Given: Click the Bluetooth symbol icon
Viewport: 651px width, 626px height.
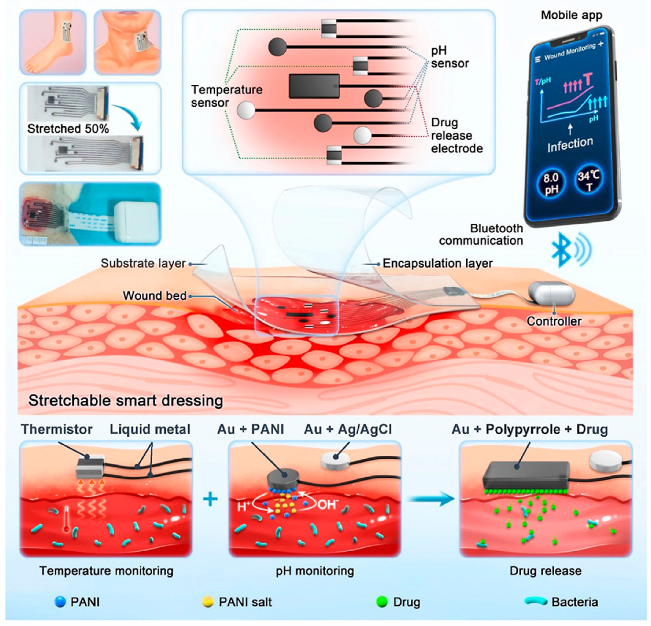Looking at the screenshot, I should click(561, 249).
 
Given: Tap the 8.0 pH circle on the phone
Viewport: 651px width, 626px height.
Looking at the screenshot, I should click(551, 184).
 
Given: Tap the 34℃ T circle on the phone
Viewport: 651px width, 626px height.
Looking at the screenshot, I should click(588, 181).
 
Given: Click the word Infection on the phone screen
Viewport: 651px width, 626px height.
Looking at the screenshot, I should click(570, 144).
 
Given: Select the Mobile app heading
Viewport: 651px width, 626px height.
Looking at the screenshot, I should click(571, 15).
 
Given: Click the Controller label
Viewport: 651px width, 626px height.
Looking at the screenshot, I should click(554, 321).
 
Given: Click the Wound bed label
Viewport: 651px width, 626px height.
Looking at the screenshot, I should click(155, 295).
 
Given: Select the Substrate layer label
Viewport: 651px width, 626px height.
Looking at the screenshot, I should click(143, 263).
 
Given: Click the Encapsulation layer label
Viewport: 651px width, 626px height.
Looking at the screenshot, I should click(438, 263).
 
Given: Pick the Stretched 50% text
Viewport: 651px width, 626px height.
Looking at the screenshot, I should click(68, 129).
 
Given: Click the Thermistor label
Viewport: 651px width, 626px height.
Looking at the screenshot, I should click(57, 429).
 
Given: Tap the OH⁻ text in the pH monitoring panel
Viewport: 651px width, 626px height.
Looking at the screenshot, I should click(327, 505).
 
